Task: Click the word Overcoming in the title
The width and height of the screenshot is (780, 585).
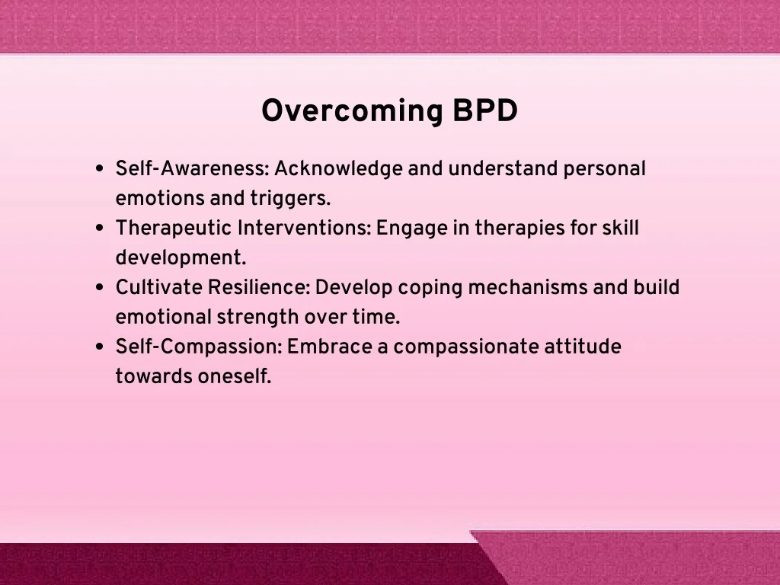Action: (x=352, y=111)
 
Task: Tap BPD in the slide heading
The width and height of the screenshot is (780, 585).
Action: (x=485, y=110)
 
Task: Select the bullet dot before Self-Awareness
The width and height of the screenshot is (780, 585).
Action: (x=100, y=168)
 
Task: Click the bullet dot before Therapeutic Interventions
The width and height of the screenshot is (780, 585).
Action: (x=100, y=229)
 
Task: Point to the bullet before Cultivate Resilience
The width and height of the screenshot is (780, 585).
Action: (x=100, y=287)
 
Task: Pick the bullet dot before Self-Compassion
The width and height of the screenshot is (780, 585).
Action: (x=100, y=347)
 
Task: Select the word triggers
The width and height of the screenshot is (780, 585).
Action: (x=290, y=199)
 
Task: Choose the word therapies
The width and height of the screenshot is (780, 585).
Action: (x=519, y=229)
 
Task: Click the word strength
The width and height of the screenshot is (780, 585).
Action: (x=257, y=318)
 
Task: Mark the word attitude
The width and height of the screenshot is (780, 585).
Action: (x=583, y=347)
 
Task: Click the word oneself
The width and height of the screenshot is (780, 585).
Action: (x=235, y=376)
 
